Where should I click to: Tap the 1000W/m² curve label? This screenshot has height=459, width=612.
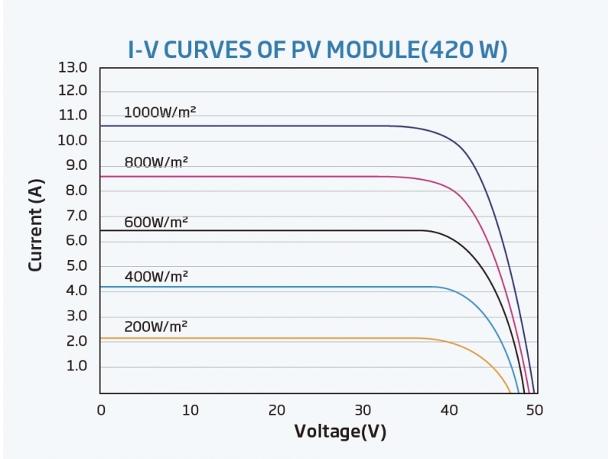pos(160,112)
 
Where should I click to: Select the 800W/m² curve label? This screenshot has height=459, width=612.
pos(156,161)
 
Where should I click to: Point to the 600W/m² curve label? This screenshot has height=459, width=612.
pos(156,223)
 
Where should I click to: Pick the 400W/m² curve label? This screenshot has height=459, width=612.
pos(156,275)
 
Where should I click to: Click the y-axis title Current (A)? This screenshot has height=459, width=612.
pos(35,225)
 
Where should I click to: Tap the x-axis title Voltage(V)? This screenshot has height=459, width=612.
pos(340,431)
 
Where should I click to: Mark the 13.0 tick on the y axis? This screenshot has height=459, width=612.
pos(73,67)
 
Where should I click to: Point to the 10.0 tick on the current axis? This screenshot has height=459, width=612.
pos(73,141)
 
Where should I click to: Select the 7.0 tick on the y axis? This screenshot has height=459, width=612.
pos(76,216)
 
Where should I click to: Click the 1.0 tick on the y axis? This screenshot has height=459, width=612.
pos(76,366)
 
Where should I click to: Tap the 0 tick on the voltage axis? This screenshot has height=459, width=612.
pos(101,410)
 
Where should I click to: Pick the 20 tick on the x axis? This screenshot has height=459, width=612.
pos(277,410)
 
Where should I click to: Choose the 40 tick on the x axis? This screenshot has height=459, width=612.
pos(451,410)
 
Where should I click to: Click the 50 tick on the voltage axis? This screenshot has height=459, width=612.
pos(535,410)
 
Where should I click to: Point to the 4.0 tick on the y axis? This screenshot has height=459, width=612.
pos(76,291)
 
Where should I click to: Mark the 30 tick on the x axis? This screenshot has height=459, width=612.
pos(363,410)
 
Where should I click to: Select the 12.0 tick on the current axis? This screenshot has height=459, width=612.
pos(73,91)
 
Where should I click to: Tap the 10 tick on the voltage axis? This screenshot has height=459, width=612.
pos(190,410)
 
